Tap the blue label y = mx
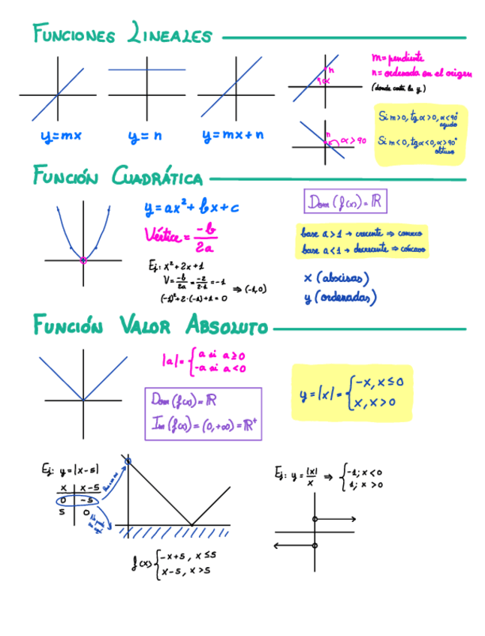pyautogui.click(x=62, y=136)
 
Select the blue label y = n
pyautogui.click(x=145, y=136)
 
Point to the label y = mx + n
pyautogui.click(x=233, y=136)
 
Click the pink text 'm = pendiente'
pyautogui.click(x=398, y=57)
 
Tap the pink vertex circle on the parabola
pyautogui.click(x=83, y=260)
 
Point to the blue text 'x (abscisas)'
pyautogui.click(x=336, y=278)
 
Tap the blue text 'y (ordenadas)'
pyautogui.click(x=339, y=297)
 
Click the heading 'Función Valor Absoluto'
pyautogui.click(x=150, y=327)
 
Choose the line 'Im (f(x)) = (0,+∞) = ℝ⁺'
pyautogui.click(x=204, y=425)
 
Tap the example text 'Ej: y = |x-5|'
pyautogui.click(x=71, y=470)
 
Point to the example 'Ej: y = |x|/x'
pyautogui.click(x=297, y=476)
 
